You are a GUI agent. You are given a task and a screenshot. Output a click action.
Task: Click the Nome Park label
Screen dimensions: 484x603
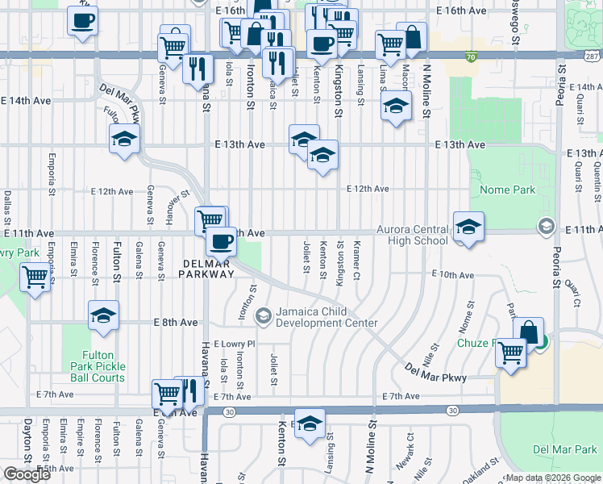point(507,190)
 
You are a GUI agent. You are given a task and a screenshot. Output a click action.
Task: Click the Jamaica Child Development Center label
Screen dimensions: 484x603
point(326,318)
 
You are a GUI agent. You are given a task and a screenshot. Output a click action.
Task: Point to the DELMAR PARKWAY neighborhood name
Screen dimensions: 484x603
point(208,269)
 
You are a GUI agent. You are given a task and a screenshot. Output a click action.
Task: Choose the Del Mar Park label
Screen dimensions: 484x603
point(563,449)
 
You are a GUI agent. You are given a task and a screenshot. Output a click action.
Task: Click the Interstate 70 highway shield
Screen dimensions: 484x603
point(471,56)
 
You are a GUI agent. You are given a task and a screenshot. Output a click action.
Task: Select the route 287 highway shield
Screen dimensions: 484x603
point(593,56)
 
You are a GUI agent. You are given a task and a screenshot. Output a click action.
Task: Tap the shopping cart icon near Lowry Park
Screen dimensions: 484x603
point(35,277)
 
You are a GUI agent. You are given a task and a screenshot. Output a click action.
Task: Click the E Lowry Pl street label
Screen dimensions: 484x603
point(234,344)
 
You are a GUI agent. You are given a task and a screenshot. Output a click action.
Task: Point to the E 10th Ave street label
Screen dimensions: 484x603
point(452,275)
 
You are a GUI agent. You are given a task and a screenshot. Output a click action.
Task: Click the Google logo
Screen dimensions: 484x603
point(27,474)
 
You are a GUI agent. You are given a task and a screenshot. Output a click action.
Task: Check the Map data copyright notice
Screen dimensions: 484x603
point(553,478)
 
